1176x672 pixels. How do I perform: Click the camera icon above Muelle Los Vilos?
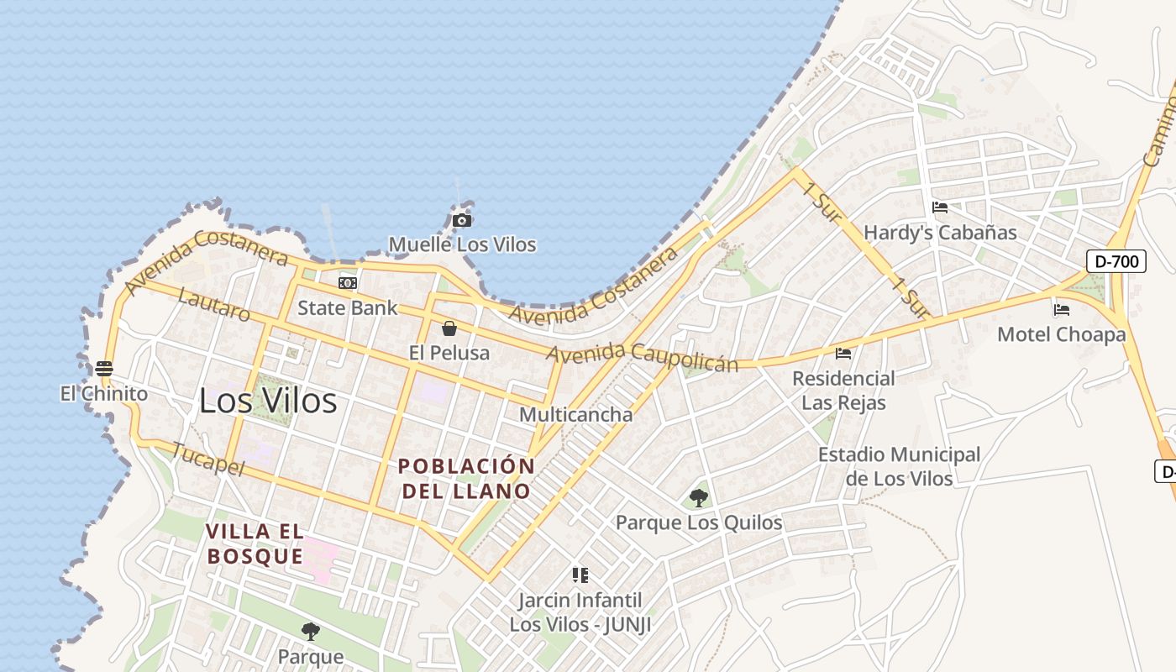[461, 221]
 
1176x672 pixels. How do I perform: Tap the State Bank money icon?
[347, 283]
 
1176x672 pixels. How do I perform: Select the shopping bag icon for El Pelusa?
[449, 328]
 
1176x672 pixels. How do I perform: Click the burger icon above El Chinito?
[104, 369]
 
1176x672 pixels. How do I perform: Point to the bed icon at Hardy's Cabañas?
[940, 207]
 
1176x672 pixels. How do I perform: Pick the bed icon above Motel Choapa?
[1062, 310]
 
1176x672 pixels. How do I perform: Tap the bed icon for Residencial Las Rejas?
[843, 354]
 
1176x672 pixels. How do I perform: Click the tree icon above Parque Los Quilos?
[698, 498]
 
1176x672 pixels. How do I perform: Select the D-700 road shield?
[1117, 261]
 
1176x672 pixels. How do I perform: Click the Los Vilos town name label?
[268, 402]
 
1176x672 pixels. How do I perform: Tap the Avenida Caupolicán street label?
[643, 356]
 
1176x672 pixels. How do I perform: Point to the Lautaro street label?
[214, 306]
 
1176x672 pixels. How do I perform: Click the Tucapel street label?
[207, 459]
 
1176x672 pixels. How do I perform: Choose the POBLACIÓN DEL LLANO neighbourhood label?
[466, 478]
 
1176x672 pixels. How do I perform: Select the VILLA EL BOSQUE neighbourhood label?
[255, 543]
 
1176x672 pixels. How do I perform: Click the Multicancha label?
[575, 414]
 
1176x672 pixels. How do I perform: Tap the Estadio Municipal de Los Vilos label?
[899, 466]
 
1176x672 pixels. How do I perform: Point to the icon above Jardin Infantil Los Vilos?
[580, 575]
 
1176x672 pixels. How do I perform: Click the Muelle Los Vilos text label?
[462, 244]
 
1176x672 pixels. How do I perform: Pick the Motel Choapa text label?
[1062, 334]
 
